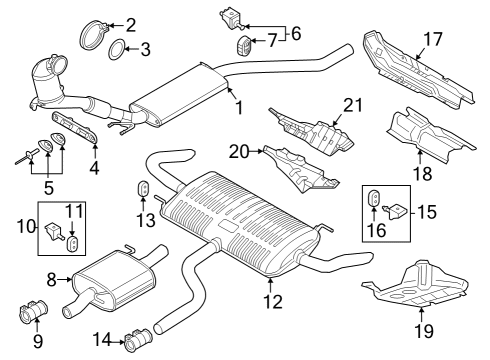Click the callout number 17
[433, 39]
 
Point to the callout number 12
[273, 301]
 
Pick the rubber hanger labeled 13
[144, 189]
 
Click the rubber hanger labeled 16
[374, 199]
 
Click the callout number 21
[353, 105]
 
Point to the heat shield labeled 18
[430, 137]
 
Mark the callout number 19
[424, 331]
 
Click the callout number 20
[239, 152]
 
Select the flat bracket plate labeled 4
[74, 127]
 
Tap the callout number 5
[49, 188]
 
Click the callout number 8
[51, 280]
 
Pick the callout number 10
[26, 227]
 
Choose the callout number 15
[426, 212]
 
